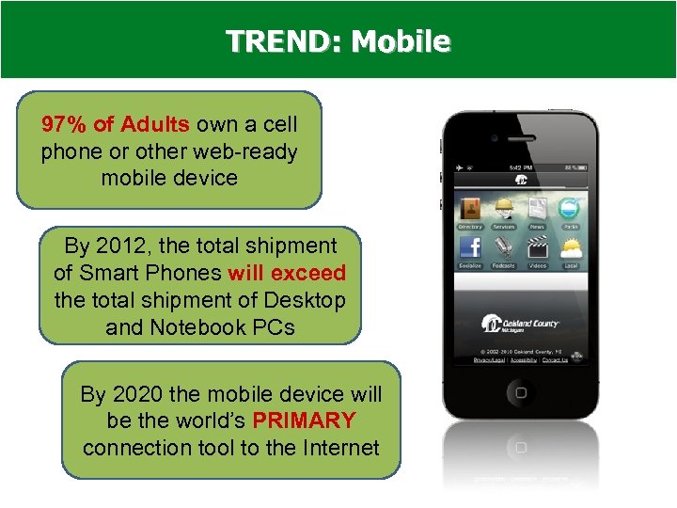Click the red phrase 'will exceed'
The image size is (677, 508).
(x=287, y=274)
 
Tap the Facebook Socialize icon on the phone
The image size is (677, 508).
(x=470, y=248)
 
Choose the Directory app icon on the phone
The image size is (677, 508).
(x=470, y=210)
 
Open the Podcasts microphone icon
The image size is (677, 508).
(x=504, y=248)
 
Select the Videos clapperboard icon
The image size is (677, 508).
(x=537, y=248)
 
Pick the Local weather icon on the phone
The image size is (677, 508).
(x=571, y=248)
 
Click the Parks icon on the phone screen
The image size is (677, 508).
(x=571, y=210)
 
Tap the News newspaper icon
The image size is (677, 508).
(x=537, y=210)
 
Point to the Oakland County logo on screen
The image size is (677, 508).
(x=520, y=323)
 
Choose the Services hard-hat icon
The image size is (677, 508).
(x=504, y=210)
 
